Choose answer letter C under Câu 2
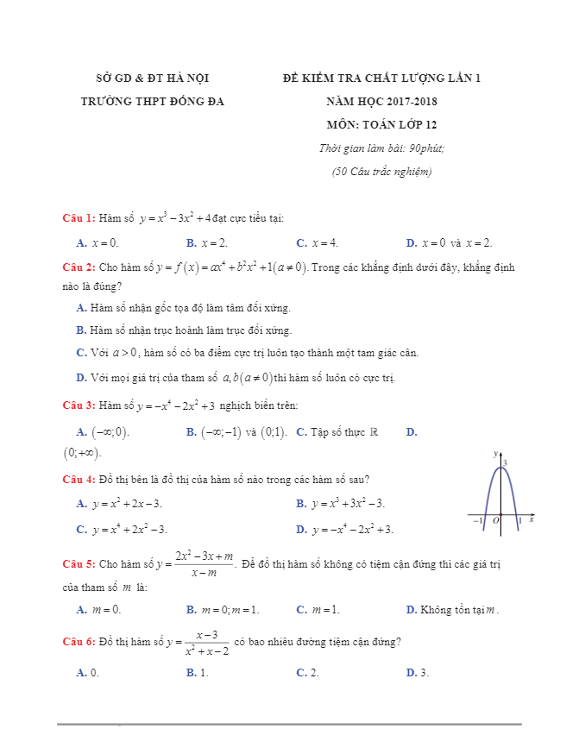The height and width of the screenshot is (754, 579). pyautogui.click(x=81, y=352)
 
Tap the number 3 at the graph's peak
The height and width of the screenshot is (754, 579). pyautogui.click(x=506, y=463)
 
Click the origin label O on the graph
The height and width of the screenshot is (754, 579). pyautogui.click(x=496, y=521)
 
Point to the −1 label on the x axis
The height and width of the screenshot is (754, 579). pyautogui.click(x=477, y=521)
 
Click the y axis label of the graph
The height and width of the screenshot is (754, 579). pyautogui.click(x=495, y=453)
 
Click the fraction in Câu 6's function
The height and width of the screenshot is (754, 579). pyautogui.click(x=206, y=643)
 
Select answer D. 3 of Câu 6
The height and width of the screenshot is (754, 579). pyautogui.click(x=418, y=672)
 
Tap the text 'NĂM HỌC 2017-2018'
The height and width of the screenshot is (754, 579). pyautogui.click(x=381, y=101)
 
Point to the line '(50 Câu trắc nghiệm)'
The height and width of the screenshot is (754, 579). pyautogui.click(x=381, y=171)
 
